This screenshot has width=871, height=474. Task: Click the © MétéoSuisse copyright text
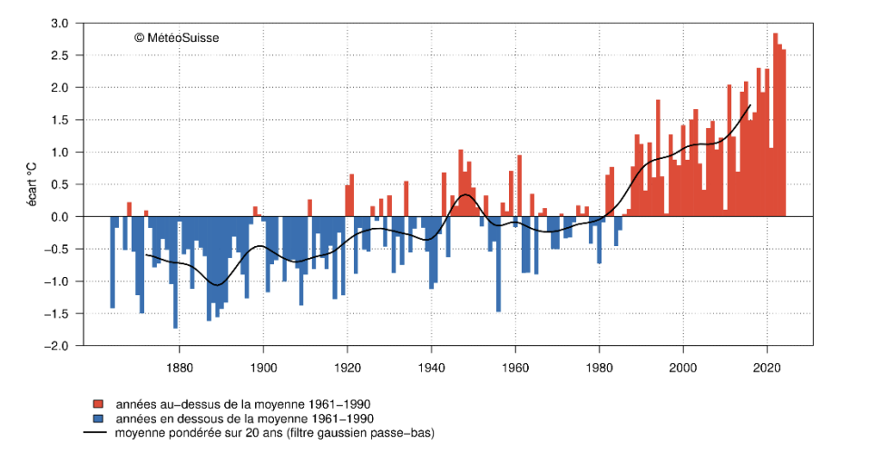click(x=176, y=37)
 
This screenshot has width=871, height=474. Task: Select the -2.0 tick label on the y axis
click(x=58, y=346)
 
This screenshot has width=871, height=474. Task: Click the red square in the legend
click(x=95, y=403)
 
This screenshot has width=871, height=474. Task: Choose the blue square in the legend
click(x=95, y=419)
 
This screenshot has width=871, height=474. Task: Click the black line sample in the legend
click(x=95, y=433)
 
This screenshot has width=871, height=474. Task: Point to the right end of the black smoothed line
click(x=750, y=105)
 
